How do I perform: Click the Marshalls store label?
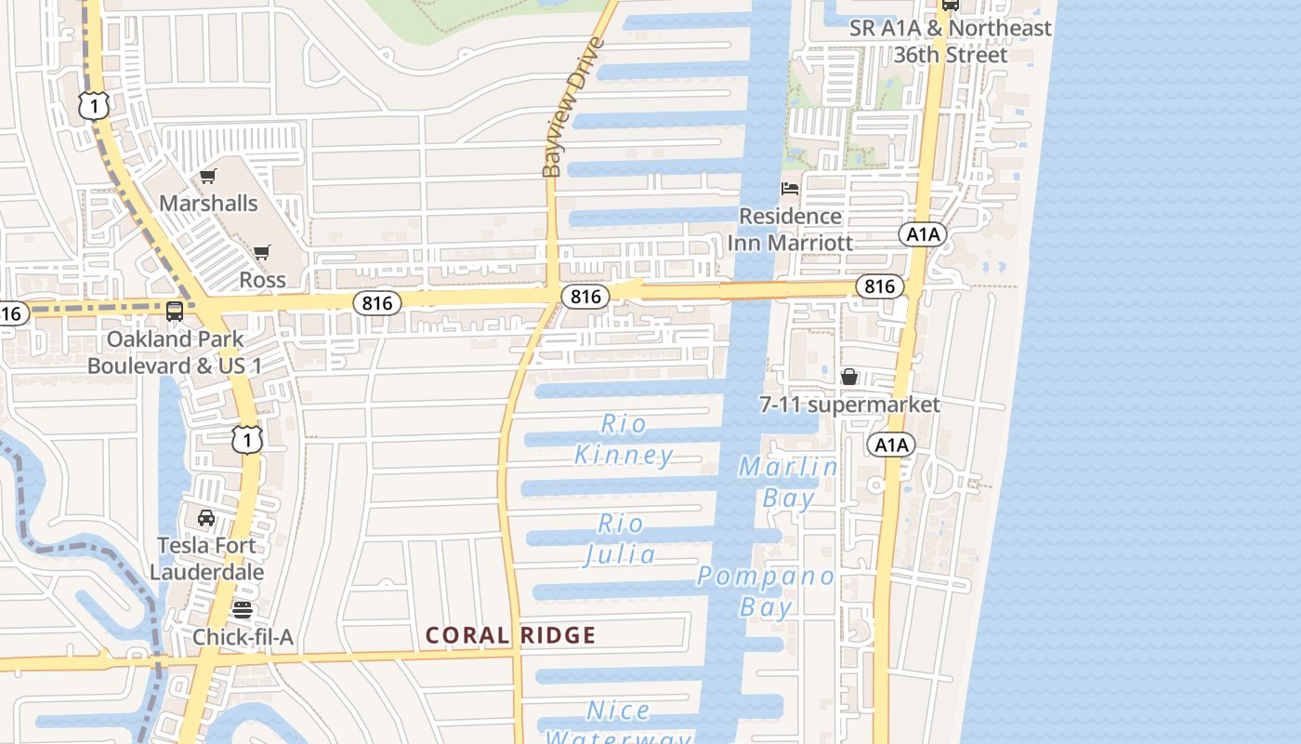tap(208, 203)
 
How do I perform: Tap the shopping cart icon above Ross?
tap(262, 253)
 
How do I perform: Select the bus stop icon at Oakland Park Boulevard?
tap(175, 312)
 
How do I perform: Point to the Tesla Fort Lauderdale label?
tap(206, 558)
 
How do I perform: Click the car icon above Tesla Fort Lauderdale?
tap(206, 518)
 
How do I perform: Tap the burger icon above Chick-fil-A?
tap(243, 610)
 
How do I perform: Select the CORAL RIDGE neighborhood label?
tap(510, 636)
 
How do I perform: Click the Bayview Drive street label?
tap(572, 107)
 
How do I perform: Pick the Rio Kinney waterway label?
tap(624, 439)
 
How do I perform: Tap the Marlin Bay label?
tap(788, 482)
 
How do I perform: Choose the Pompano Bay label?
tap(767, 591)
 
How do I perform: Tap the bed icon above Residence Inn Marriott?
tap(790, 189)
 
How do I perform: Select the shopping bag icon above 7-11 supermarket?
tap(849, 377)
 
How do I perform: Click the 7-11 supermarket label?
tap(849, 405)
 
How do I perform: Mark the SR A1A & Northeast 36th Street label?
tap(950, 42)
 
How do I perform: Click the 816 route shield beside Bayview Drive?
tap(585, 297)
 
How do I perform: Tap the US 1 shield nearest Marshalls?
tap(95, 105)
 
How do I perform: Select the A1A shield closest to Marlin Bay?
tap(891, 445)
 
